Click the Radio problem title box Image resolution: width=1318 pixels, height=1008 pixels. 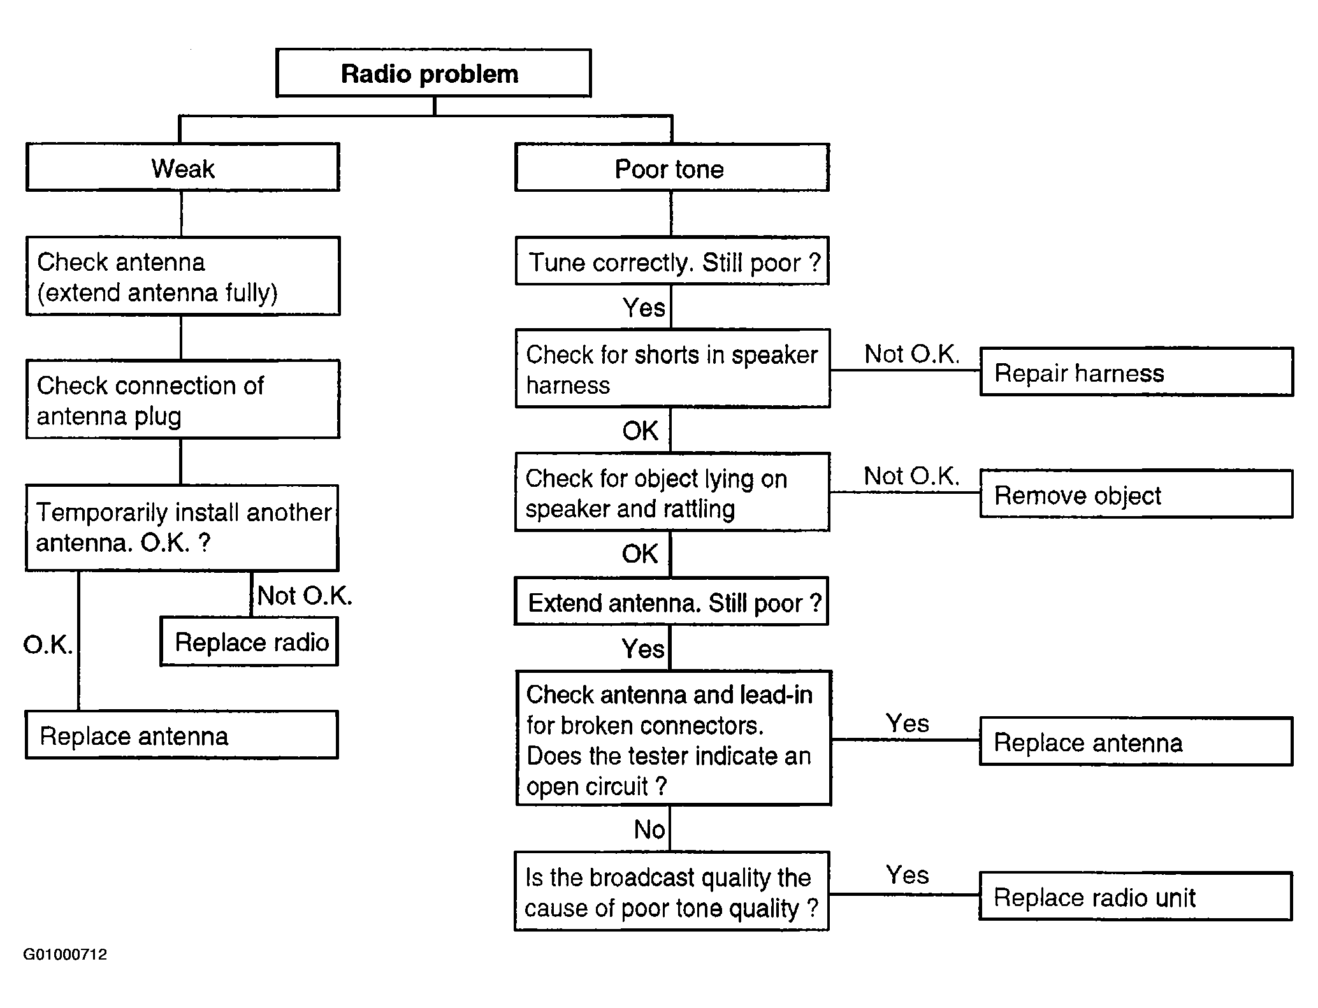click(x=433, y=73)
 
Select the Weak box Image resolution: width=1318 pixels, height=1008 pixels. click(x=183, y=168)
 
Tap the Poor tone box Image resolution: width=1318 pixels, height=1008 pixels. click(x=672, y=168)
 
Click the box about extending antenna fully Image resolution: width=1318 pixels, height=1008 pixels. click(x=183, y=277)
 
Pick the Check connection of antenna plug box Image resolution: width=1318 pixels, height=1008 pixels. click(x=183, y=400)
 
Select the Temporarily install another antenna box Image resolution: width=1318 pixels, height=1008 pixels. click(x=182, y=528)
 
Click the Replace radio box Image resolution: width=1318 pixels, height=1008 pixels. click(x=249, y=642)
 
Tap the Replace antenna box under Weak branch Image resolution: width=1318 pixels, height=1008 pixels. click(x=182, y=735)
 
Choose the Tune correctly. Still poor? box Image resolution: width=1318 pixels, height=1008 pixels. click(x=672, y=261)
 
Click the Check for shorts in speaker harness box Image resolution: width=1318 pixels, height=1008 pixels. click(x=672, y=369)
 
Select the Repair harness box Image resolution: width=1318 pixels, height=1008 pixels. click(x=1136, y=371)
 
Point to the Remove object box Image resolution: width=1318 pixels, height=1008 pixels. click(x=1136, y=494)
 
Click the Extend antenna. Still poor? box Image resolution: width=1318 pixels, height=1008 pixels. click(x=671, y=601)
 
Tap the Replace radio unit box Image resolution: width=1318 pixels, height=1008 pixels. click(x=1136, y=896)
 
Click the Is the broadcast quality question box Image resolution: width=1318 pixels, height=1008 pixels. click(x=672, y=891)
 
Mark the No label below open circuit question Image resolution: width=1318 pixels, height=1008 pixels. click(x=649, y=830)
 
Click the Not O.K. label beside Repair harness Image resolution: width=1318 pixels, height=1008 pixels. click(x=911, y=354)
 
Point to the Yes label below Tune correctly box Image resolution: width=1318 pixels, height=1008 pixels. click(x=644, y=308)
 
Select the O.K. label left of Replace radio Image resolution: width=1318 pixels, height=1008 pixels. click(x=48, y=645)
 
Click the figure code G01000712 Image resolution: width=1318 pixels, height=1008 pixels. click(x=65, y=954)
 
